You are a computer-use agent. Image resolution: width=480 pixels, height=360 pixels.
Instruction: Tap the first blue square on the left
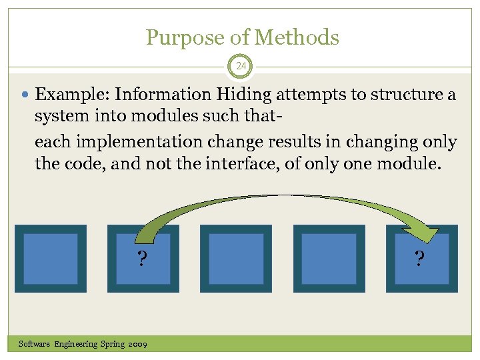pyautogui.click(x=51, y=259)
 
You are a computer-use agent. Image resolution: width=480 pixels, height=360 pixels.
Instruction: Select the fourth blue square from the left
pyautogui.click(x=329, y=259)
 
